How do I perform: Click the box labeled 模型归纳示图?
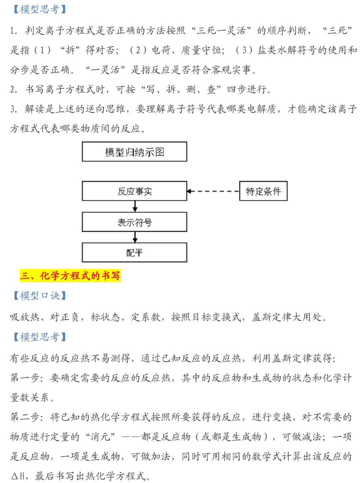point(134,152)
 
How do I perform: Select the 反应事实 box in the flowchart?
point(134,191)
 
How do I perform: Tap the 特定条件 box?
point(263,191)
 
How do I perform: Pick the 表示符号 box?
point(134,222)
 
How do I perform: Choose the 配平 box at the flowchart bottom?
point(134,252)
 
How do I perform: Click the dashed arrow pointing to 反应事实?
point(213,191)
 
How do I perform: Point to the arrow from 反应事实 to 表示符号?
point(135,207)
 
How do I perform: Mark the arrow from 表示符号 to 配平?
point(135,237)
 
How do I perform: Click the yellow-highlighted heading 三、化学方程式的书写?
point(70,276)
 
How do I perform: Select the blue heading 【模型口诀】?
point(40,295)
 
